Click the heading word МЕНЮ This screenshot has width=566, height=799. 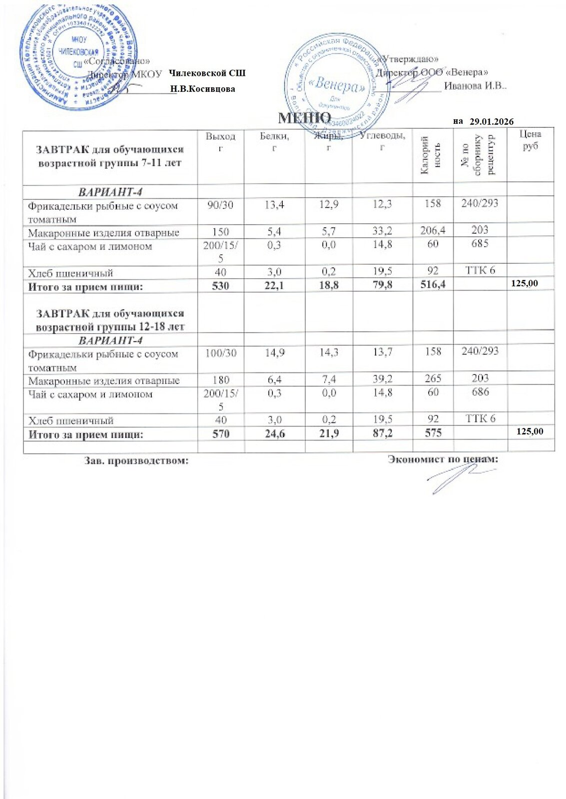click(x=304, y=118)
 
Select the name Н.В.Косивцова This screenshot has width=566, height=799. click(x=202, y=89)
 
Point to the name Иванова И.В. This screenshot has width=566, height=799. click(x=475, y=85)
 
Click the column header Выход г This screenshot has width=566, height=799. click(x=220, y=141)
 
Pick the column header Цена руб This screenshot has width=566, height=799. click(x=530, y=140)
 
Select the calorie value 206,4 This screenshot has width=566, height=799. click(x=433, y=230)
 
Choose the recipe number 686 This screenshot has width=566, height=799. click(x=480, y=392)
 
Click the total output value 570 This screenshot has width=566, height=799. click(x=220, y=433)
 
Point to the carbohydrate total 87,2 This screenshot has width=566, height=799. click(x=382, y=433)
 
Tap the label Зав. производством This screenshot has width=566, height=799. click(x=136, y=461)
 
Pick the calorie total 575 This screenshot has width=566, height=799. click(x=433, y=433)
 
